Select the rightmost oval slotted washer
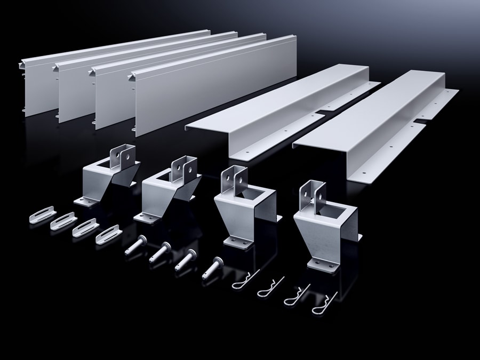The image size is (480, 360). point(108,235)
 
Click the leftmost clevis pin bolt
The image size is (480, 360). point(135,246)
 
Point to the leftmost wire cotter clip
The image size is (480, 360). point(245,280)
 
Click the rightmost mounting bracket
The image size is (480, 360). point(325,229)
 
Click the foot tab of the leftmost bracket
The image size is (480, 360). point(85,201)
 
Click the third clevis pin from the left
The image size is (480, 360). point(185,258)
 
